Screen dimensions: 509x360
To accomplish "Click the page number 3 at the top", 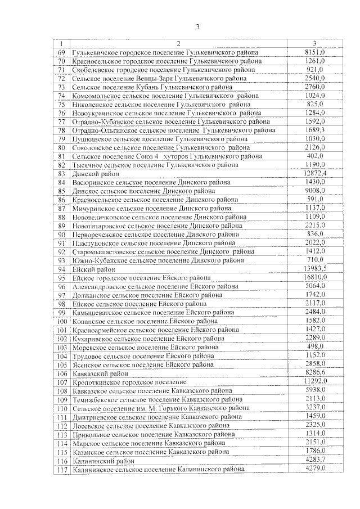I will [x=197, y=26].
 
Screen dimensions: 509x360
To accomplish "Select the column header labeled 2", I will [x=178, y=44].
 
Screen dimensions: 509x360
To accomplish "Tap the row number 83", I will [x=62, y=174].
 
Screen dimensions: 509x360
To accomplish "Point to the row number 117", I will [x=62, y=469].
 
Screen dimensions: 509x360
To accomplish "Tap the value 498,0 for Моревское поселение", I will [x=314, y=347].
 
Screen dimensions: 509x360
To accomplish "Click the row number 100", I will [x=62, y=321].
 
